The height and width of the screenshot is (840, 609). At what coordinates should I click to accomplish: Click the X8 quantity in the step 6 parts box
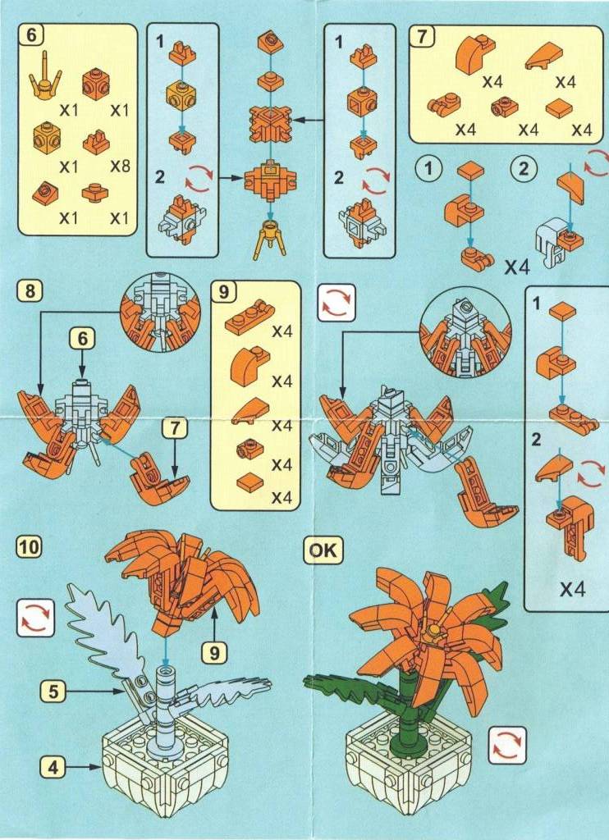(x=121, y=166)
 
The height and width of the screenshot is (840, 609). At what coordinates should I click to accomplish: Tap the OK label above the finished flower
(x=323, y=550)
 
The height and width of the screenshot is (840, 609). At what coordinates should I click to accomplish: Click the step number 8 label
(x=30, y=291)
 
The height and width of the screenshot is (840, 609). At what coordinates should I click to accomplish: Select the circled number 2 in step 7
(x=524, y=169)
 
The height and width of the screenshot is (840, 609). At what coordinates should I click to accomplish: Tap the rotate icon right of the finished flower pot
(x=507, y=745)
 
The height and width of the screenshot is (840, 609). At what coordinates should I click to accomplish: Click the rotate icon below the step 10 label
(x=35, y=618)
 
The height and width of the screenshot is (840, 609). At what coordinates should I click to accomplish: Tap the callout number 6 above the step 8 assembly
(x=83, y=339)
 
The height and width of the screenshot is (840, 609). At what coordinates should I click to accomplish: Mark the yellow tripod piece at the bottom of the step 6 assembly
(x=272, y=237)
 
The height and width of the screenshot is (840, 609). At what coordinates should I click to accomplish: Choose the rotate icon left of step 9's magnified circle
(x=337, y=303)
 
